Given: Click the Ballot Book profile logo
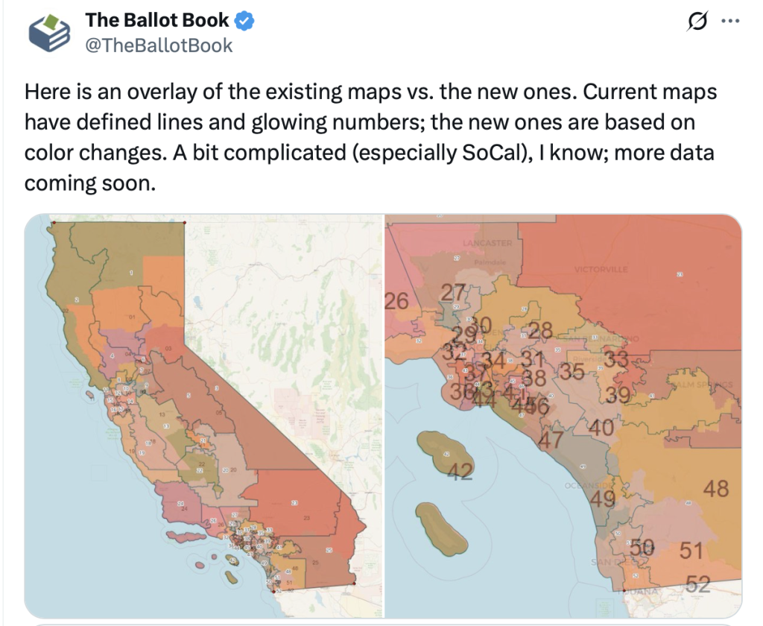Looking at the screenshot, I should pos(49,34).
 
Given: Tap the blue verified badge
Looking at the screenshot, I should pos(245,21).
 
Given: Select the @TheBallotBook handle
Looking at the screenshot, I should pos(159,45).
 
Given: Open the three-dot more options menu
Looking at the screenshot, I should pos(731,22).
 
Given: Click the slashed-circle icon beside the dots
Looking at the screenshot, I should pos(697,22).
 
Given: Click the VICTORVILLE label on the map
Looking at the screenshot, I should pos(601,269).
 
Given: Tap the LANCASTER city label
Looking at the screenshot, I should pos(487,244).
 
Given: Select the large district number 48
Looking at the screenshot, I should pos(715,489).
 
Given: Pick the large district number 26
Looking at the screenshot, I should pos(396,300).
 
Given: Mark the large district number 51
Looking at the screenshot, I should pos(691,551).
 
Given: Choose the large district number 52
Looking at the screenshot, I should pos(697,584).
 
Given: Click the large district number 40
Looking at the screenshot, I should pos(600,428).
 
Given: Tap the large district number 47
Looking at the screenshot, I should pos(551,440).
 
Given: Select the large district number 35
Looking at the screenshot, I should pos(572,370).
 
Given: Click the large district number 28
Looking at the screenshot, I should pos(540,330).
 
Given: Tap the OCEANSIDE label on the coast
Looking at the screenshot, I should pos(586,486).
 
